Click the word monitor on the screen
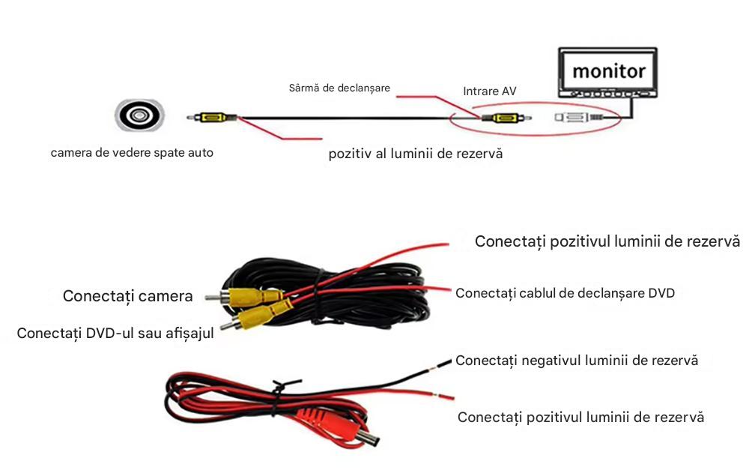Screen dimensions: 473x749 pyautogui.click(x=608, y=71)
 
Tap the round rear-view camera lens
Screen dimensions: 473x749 pyautogui.click(x=139, y=115)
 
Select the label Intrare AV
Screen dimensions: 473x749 pyautogui.click(x=489, y=91)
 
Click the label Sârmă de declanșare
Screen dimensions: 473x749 pyautogui.click(x=339, y=88)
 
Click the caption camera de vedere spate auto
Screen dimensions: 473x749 pyautogui.click(x=132, y=152)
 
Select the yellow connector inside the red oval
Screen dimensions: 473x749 pyautogui.click(x=501, y=118)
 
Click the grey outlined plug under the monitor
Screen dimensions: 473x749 pyautogui.click(x=573, y=118)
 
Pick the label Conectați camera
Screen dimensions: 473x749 pyautogui.click(x=127, y=296)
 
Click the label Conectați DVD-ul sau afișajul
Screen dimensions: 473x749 pyautogui.click(x=115, y=332)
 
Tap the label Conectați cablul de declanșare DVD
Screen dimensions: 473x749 pyautogui.click(x=565, y=293)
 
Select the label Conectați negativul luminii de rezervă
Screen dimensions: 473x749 pyautogui.click(x=577, y=360)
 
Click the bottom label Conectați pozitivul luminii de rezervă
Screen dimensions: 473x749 pyautogui.click(x=580, y=417)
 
